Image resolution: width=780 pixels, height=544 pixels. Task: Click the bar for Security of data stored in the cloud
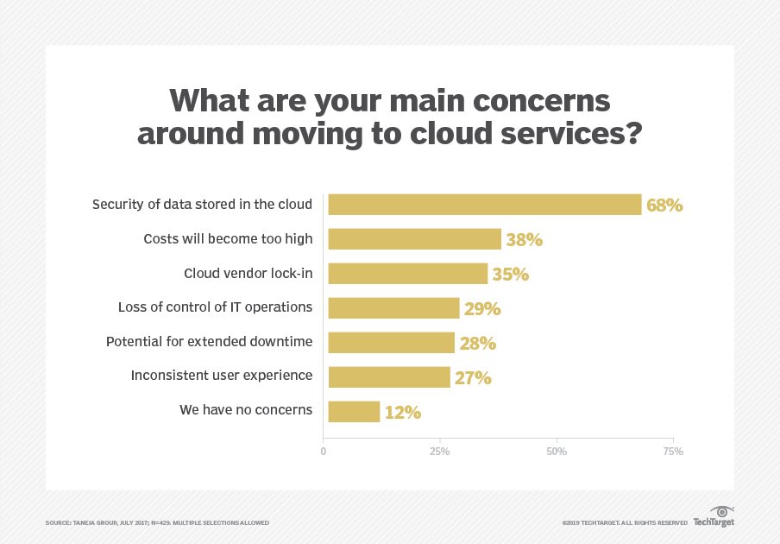point(484,205)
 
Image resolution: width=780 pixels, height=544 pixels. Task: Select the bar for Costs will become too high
point(414,239)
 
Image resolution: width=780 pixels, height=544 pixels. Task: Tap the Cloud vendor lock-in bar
point(407,274)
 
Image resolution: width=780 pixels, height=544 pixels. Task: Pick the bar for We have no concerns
point(354,412)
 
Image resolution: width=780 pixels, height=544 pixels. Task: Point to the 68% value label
point(664,206)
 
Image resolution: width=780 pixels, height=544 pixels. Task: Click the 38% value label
point(524,240)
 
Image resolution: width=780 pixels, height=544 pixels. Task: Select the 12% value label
point(402,413)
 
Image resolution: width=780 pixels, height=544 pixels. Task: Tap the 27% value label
point(474,378)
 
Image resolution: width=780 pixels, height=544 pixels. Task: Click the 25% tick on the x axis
point(440,452)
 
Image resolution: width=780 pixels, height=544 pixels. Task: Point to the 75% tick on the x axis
point(673,452)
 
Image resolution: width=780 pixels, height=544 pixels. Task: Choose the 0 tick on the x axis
point(324,452)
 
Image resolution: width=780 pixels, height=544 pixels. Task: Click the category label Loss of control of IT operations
point(215,307)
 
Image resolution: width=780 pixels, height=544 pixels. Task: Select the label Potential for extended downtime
point(209,341)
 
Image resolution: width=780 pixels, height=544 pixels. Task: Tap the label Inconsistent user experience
point(221,376)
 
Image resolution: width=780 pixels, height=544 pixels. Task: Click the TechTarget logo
point(714,517)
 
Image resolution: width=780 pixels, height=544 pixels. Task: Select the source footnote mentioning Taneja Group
point(157,522)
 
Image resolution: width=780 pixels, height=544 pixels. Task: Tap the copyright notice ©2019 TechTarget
point(624,522)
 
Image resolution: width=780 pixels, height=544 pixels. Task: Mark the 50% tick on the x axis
point(557,452)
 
